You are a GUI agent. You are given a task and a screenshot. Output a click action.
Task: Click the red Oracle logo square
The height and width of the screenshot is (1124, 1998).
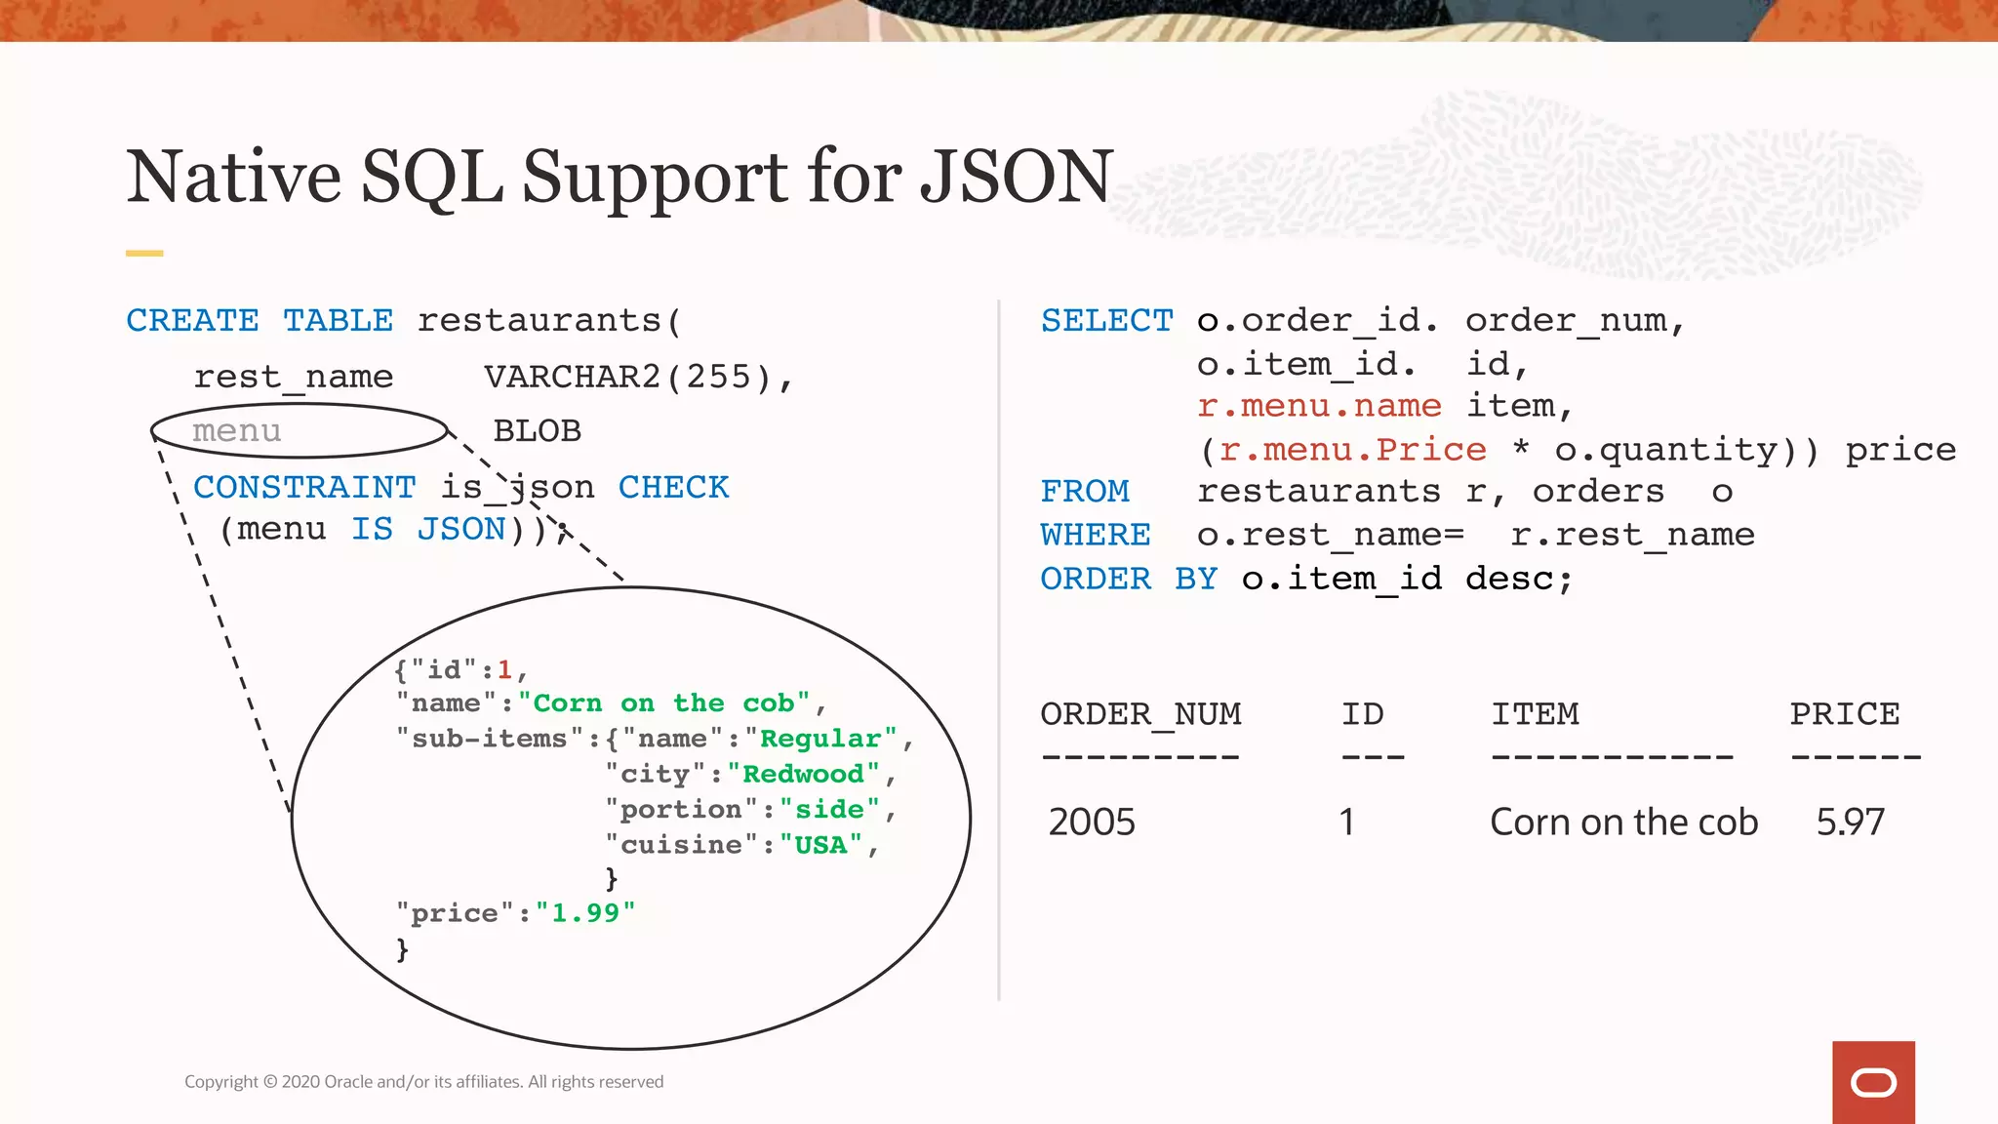click(1873, 1082)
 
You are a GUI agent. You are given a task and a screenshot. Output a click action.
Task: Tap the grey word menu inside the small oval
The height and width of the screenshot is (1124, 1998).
click(237, 431)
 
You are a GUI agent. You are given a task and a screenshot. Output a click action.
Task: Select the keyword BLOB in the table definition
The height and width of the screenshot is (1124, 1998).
click(538, 430)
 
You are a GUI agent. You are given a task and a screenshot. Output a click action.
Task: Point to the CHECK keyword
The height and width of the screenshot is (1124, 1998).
click(673, 487)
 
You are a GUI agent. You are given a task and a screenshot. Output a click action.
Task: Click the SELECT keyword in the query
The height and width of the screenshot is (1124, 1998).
click(1106, 320)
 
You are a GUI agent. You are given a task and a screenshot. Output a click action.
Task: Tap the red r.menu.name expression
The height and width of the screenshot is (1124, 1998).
click(1319, 406)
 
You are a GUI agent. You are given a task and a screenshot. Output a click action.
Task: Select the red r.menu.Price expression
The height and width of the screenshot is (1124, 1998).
click(1353, 450)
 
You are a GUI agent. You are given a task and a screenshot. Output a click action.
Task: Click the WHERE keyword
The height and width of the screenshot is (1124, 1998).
click(1096, 535)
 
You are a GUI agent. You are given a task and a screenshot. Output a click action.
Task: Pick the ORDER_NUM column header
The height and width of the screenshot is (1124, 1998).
click(1140, 715)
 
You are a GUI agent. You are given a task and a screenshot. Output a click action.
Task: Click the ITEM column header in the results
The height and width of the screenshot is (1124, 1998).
click(1535, 713)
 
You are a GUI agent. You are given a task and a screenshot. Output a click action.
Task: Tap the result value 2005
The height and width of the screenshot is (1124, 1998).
click(1092, 822)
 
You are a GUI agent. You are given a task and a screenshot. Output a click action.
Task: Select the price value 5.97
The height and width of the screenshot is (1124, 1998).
click(1850, 822)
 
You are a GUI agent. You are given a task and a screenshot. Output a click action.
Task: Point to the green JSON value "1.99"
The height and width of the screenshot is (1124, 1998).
click(585, 913)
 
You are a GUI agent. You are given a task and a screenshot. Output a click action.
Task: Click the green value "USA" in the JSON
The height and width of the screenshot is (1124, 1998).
click(820, 845)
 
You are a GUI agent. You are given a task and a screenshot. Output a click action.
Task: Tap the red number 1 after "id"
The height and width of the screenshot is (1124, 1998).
click(504, 669)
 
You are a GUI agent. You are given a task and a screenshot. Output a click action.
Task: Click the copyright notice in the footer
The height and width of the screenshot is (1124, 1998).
click(423, 1081)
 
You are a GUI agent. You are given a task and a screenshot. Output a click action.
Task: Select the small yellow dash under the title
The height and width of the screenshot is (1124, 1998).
click(144, 254)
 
